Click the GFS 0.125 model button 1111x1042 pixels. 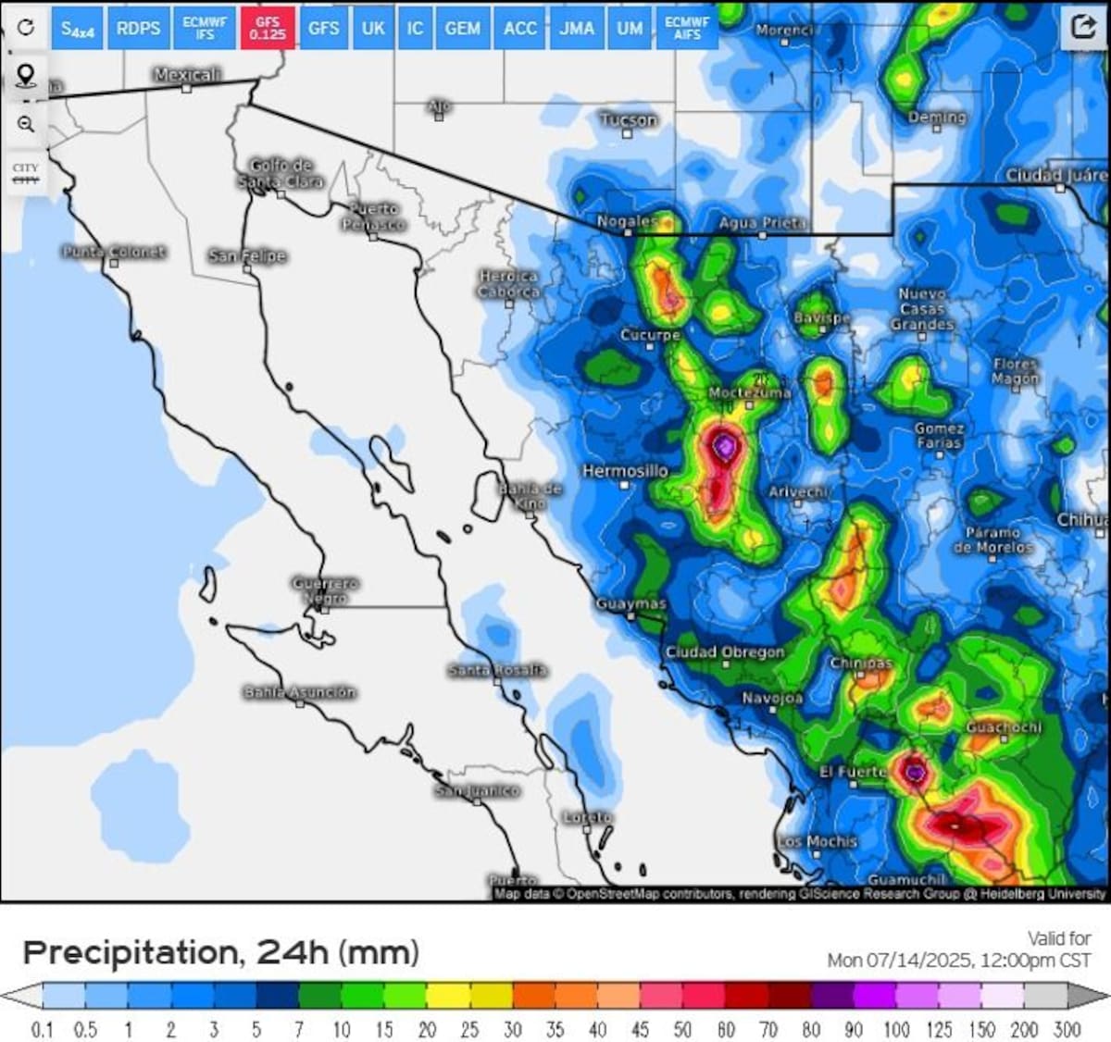[268, 28]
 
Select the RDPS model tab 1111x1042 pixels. [138, 28]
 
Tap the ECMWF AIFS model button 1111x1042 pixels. [687, 28]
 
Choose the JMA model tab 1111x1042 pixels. [576, 28]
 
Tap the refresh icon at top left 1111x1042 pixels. [26, 27]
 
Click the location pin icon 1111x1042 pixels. [26, 76]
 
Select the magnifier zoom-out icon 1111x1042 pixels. [26, 124]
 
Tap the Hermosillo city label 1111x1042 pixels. [625, 471]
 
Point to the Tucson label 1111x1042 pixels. [628, 119]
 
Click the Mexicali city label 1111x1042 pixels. [187, 74]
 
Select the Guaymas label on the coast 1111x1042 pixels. [630, 603]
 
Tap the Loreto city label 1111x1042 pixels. [588, 817]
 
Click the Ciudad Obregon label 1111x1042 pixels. [725, 652]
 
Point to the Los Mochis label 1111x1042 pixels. [818, 841]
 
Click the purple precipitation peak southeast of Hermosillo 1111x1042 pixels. [724, 448]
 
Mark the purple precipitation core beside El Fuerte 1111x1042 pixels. [915, 771]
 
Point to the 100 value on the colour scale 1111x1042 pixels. [896, 1029]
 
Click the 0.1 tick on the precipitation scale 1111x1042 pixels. [43, 1029]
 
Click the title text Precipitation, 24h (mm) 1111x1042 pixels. [220, 952]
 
